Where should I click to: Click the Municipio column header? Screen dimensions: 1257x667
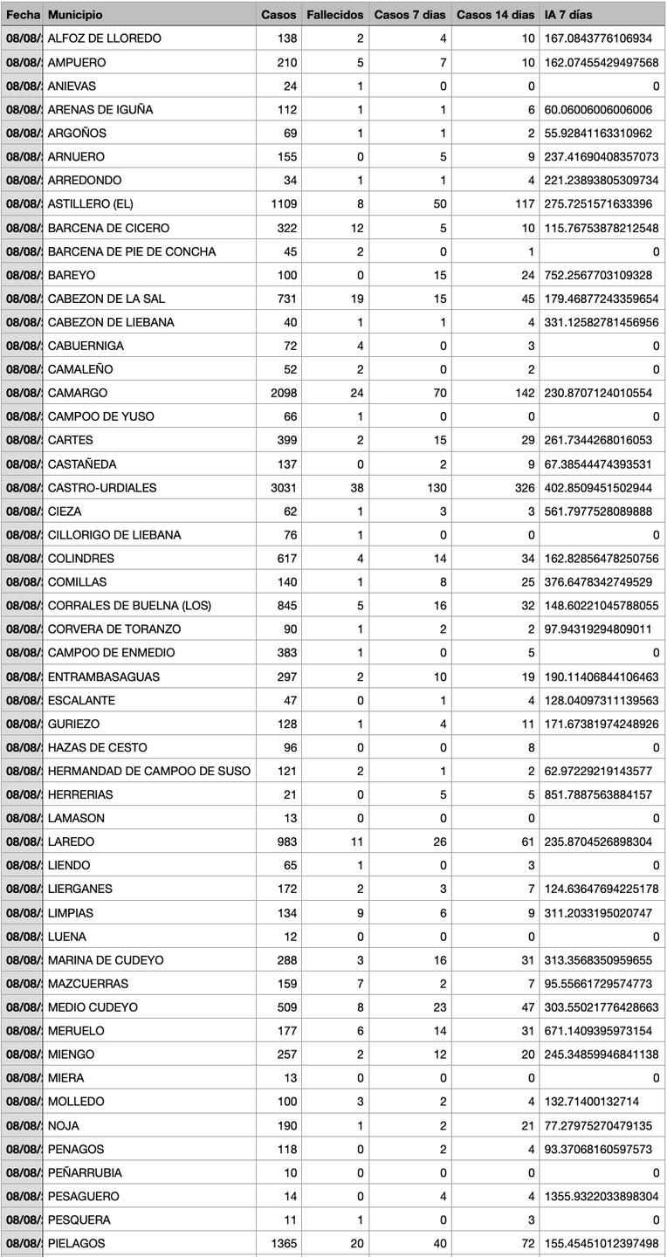pyautogui.click(x=75, y=15)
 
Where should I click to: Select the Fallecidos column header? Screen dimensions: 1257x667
pyautogui.click(x=334, y=15)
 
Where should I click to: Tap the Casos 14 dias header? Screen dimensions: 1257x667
pyautogui.click(x=495, y=15)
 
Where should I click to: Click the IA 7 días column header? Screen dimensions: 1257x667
pyautogui.click(x=568, y=15)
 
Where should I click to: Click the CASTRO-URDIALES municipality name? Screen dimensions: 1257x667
pyautogui.click(x=102, y=487)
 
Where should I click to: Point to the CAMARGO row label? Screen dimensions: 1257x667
pyautogui.click(x=78, y=393)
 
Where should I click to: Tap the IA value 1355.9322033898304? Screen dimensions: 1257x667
pyautogui.click(x=601, y=1196)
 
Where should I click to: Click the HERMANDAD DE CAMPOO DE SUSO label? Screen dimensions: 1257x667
pyautogui.click(x=148, y=771)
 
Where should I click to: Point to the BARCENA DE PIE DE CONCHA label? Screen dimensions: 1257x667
pyautogui.click(x=132, y=251)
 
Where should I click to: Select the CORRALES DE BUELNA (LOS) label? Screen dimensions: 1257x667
pyautogui.click(x=129, y=606)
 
